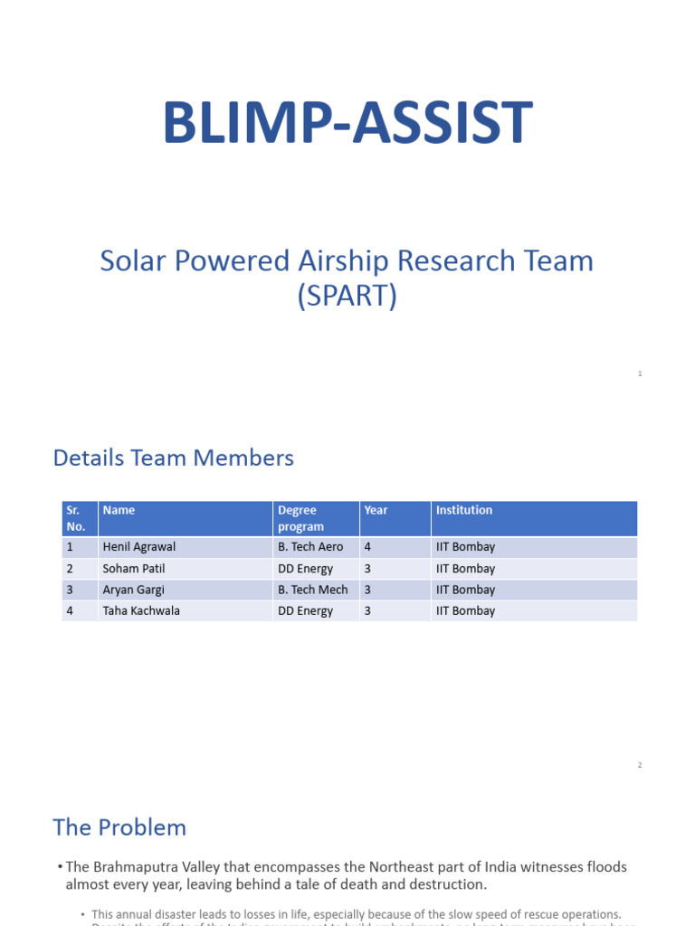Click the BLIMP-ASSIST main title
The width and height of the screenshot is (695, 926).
347,124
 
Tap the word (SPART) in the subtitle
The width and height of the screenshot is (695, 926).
347,297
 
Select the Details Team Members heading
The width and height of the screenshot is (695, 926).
174,458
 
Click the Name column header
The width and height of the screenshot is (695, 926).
119,510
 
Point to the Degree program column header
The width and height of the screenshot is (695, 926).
298,518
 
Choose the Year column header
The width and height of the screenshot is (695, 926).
376,510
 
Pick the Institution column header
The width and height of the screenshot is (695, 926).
464,510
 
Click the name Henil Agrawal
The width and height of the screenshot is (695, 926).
139,547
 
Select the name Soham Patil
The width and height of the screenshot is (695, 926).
134,569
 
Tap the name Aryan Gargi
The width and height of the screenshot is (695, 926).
134,590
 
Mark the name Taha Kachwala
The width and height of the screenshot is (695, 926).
141,610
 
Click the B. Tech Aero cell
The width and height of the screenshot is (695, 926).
310,547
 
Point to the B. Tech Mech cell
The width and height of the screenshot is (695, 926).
312,590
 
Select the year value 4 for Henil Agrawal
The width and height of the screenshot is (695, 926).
367,547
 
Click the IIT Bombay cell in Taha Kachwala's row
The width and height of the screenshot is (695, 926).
465,610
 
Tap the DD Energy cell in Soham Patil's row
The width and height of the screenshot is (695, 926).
305,569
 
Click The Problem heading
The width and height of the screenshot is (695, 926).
119,827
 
